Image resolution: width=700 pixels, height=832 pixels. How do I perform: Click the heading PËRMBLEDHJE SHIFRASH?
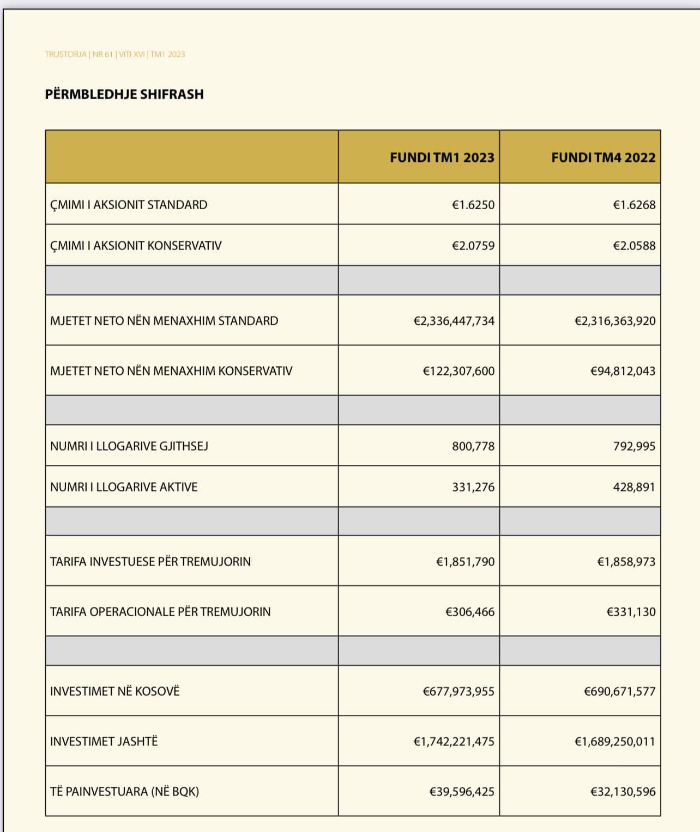(124, 94)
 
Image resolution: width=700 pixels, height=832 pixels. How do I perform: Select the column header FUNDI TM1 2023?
(442, 157)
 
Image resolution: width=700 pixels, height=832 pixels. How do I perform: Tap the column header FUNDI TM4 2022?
(603, 157)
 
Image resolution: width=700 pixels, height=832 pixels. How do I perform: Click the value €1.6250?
(473, 205)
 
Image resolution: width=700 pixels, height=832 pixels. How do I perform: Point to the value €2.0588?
(634, 246)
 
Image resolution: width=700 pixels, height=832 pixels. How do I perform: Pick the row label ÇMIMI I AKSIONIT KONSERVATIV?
(136, 246)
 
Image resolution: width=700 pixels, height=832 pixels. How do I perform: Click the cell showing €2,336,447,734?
(454, 321)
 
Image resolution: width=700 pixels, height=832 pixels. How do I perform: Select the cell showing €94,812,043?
(623, 371)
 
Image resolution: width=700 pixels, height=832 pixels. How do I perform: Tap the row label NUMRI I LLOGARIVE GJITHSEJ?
(129, 446)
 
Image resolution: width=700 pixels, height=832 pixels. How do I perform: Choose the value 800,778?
(473, 446)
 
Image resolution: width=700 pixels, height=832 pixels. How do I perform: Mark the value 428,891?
(634, 487)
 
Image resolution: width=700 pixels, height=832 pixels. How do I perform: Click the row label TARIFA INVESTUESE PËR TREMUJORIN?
(150, 562)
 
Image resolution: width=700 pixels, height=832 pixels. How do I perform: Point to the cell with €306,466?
(470, 612)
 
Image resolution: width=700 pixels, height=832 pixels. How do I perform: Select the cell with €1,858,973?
(626, 562)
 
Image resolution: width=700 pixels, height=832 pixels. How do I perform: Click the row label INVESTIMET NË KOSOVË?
(114, 691)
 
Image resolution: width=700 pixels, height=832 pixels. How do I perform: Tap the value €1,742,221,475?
(454, 742)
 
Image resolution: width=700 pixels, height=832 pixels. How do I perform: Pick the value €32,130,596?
(623, 792)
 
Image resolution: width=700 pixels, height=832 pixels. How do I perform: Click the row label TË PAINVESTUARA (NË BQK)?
(124, 792)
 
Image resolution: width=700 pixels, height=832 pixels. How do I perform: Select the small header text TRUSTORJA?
(65, 54)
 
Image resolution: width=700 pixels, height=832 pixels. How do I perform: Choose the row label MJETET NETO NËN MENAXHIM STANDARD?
(164, 321)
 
